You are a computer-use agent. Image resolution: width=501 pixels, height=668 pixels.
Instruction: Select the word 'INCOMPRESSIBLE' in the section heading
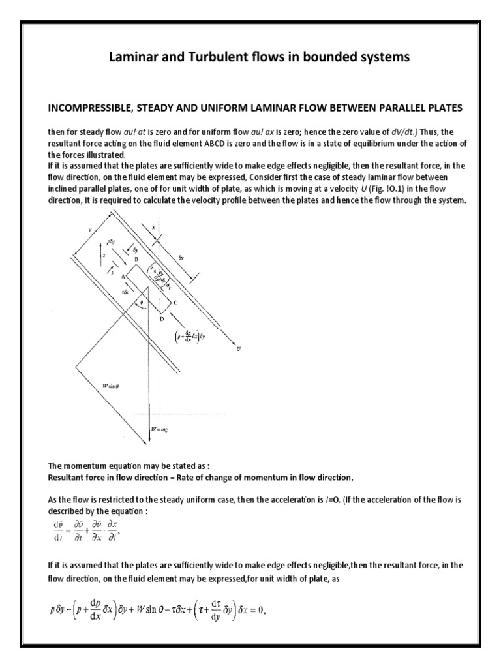[89, 107]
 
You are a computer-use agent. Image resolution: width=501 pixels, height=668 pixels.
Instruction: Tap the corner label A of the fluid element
[123, 276]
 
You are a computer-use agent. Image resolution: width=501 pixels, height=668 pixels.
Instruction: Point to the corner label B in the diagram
[136, 260]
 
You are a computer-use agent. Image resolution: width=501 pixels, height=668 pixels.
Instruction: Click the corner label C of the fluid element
[175, 302]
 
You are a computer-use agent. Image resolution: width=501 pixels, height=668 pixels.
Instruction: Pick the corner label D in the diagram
[161, 318]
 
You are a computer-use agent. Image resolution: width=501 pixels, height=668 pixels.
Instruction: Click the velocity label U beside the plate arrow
[239, 349]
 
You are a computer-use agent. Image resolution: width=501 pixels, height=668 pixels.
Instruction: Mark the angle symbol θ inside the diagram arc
[143, 303]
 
